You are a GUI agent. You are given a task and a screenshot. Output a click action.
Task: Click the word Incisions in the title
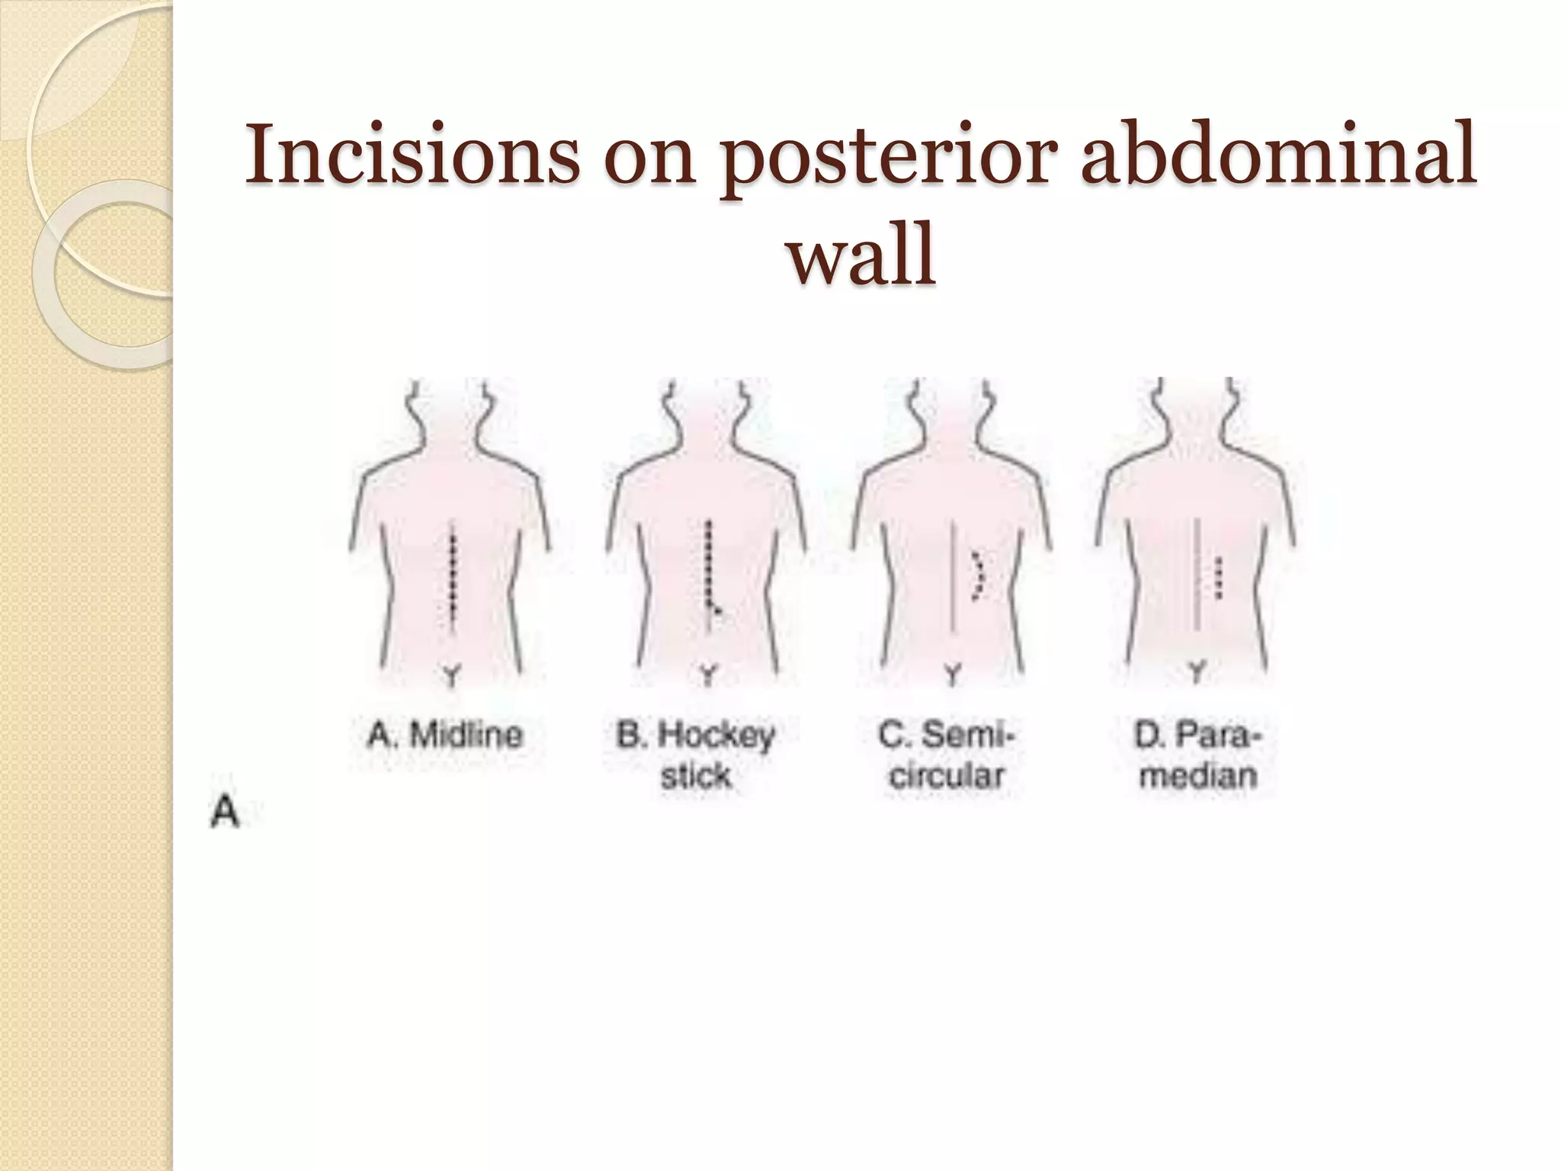412,155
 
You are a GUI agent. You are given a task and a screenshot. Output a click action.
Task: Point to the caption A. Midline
446,736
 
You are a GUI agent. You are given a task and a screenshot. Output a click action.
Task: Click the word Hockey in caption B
716,736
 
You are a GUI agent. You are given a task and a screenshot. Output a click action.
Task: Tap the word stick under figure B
695,776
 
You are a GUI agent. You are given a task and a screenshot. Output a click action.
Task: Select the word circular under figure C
947,776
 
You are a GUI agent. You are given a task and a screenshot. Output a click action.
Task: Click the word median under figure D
1197,776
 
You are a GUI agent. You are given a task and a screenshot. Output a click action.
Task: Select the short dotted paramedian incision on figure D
1217,578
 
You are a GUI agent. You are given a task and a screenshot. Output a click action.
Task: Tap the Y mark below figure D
1197,672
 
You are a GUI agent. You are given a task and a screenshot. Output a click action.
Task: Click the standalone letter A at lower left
225,813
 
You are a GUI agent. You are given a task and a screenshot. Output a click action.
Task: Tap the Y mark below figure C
953,674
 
